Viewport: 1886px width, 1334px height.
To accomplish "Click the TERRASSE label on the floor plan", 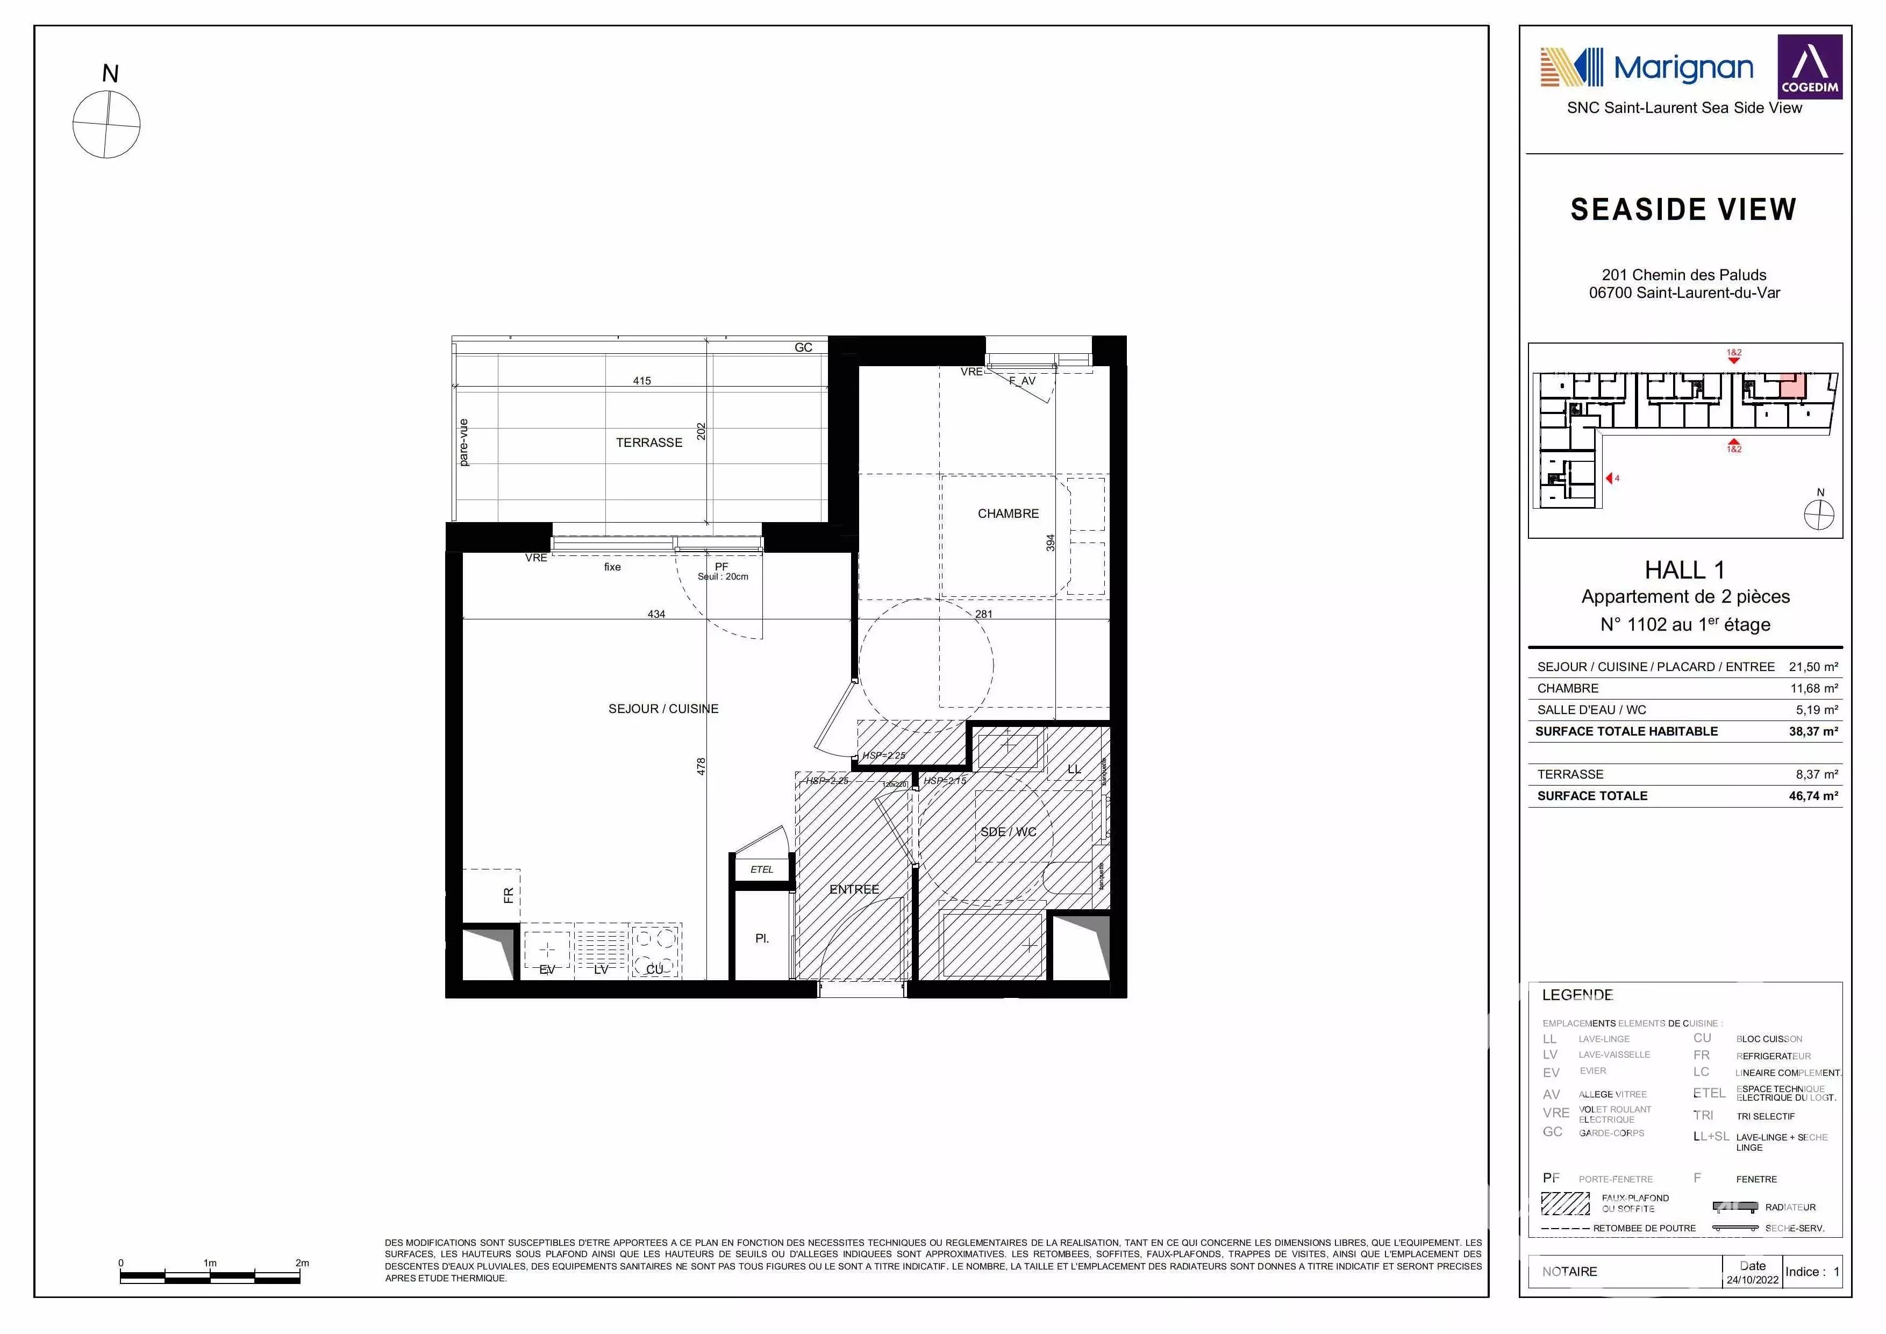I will [649, 443].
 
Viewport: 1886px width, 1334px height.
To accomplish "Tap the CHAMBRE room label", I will [1008, 513].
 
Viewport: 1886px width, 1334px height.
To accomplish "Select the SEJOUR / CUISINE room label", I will [663, 709].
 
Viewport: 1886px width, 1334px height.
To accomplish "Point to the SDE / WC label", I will [1008, 832].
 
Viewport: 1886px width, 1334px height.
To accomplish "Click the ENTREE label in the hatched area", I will [854, 890].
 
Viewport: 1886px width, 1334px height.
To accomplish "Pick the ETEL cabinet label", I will [761, 869].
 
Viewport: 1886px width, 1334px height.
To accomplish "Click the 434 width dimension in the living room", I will [656, 614].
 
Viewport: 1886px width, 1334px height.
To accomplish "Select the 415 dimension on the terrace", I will [641, 380].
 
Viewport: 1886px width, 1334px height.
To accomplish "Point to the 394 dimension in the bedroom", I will [1050, 543].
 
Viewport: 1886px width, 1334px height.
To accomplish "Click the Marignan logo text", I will [1683, 68].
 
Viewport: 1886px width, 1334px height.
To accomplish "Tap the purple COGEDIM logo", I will [1810, 67].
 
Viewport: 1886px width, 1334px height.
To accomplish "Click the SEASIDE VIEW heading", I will [1683, 210].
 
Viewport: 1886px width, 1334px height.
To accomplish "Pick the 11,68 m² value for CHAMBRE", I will [1814, 688].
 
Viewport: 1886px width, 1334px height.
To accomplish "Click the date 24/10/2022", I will [1752, 1280].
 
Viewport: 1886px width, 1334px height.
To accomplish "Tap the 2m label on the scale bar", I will [302, 1262].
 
